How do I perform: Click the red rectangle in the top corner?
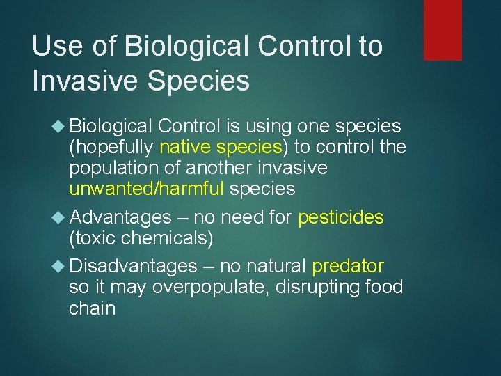[443, 29]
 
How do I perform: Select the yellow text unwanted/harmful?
[147, 189]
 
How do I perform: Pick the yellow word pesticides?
[340, 217]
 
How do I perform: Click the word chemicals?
[167, 239]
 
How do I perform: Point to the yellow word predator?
[348, 266]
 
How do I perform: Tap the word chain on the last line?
[92, 308]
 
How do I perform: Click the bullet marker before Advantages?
[58, 217]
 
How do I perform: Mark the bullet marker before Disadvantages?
[58, 266]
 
